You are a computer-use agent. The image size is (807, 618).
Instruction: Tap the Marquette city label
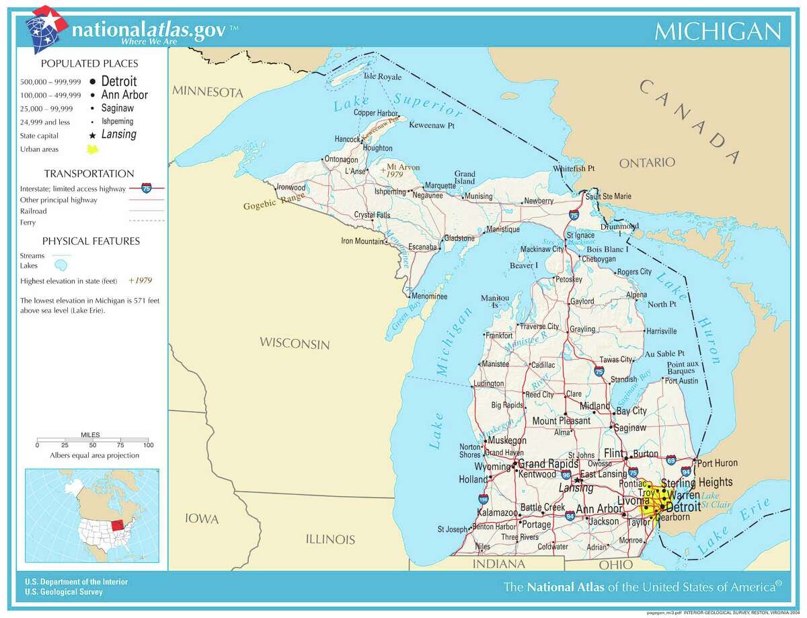coord(441,186)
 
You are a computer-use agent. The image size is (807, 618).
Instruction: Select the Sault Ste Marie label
coord(609,196)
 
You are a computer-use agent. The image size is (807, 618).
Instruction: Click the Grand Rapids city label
coord(547,464)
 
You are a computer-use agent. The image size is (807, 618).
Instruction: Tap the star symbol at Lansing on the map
coord(578,480)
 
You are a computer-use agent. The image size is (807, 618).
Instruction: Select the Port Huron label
coord(717,463)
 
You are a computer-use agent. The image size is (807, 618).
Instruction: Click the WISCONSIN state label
coord(295,344)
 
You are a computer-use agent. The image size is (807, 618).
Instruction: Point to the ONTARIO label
coord(647,162)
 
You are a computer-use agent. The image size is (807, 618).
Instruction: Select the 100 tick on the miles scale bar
coord(149,445)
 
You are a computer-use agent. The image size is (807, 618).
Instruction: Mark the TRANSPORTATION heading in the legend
coord(89,173)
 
